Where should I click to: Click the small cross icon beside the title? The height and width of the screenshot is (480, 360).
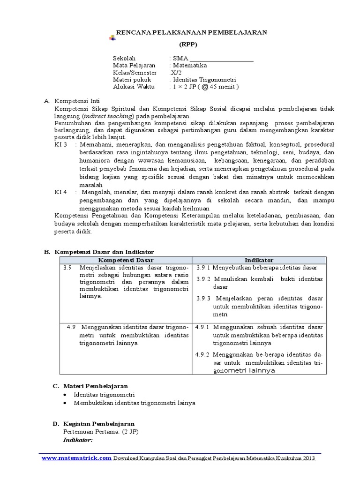[112, 37]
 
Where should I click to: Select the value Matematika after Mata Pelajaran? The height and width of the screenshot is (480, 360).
[189, 66]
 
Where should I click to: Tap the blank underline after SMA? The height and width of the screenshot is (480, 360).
[221, 59]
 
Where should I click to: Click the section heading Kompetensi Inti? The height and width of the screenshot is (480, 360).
[77, 101]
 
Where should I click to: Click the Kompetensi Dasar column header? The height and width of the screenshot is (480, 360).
[126, 260]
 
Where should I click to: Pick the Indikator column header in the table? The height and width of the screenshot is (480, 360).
[259, 260]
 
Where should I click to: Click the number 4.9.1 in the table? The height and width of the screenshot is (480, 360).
[202, 327]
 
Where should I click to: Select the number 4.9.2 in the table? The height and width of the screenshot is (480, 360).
[202, 354]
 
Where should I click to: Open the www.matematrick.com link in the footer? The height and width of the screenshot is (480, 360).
[76, 458]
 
